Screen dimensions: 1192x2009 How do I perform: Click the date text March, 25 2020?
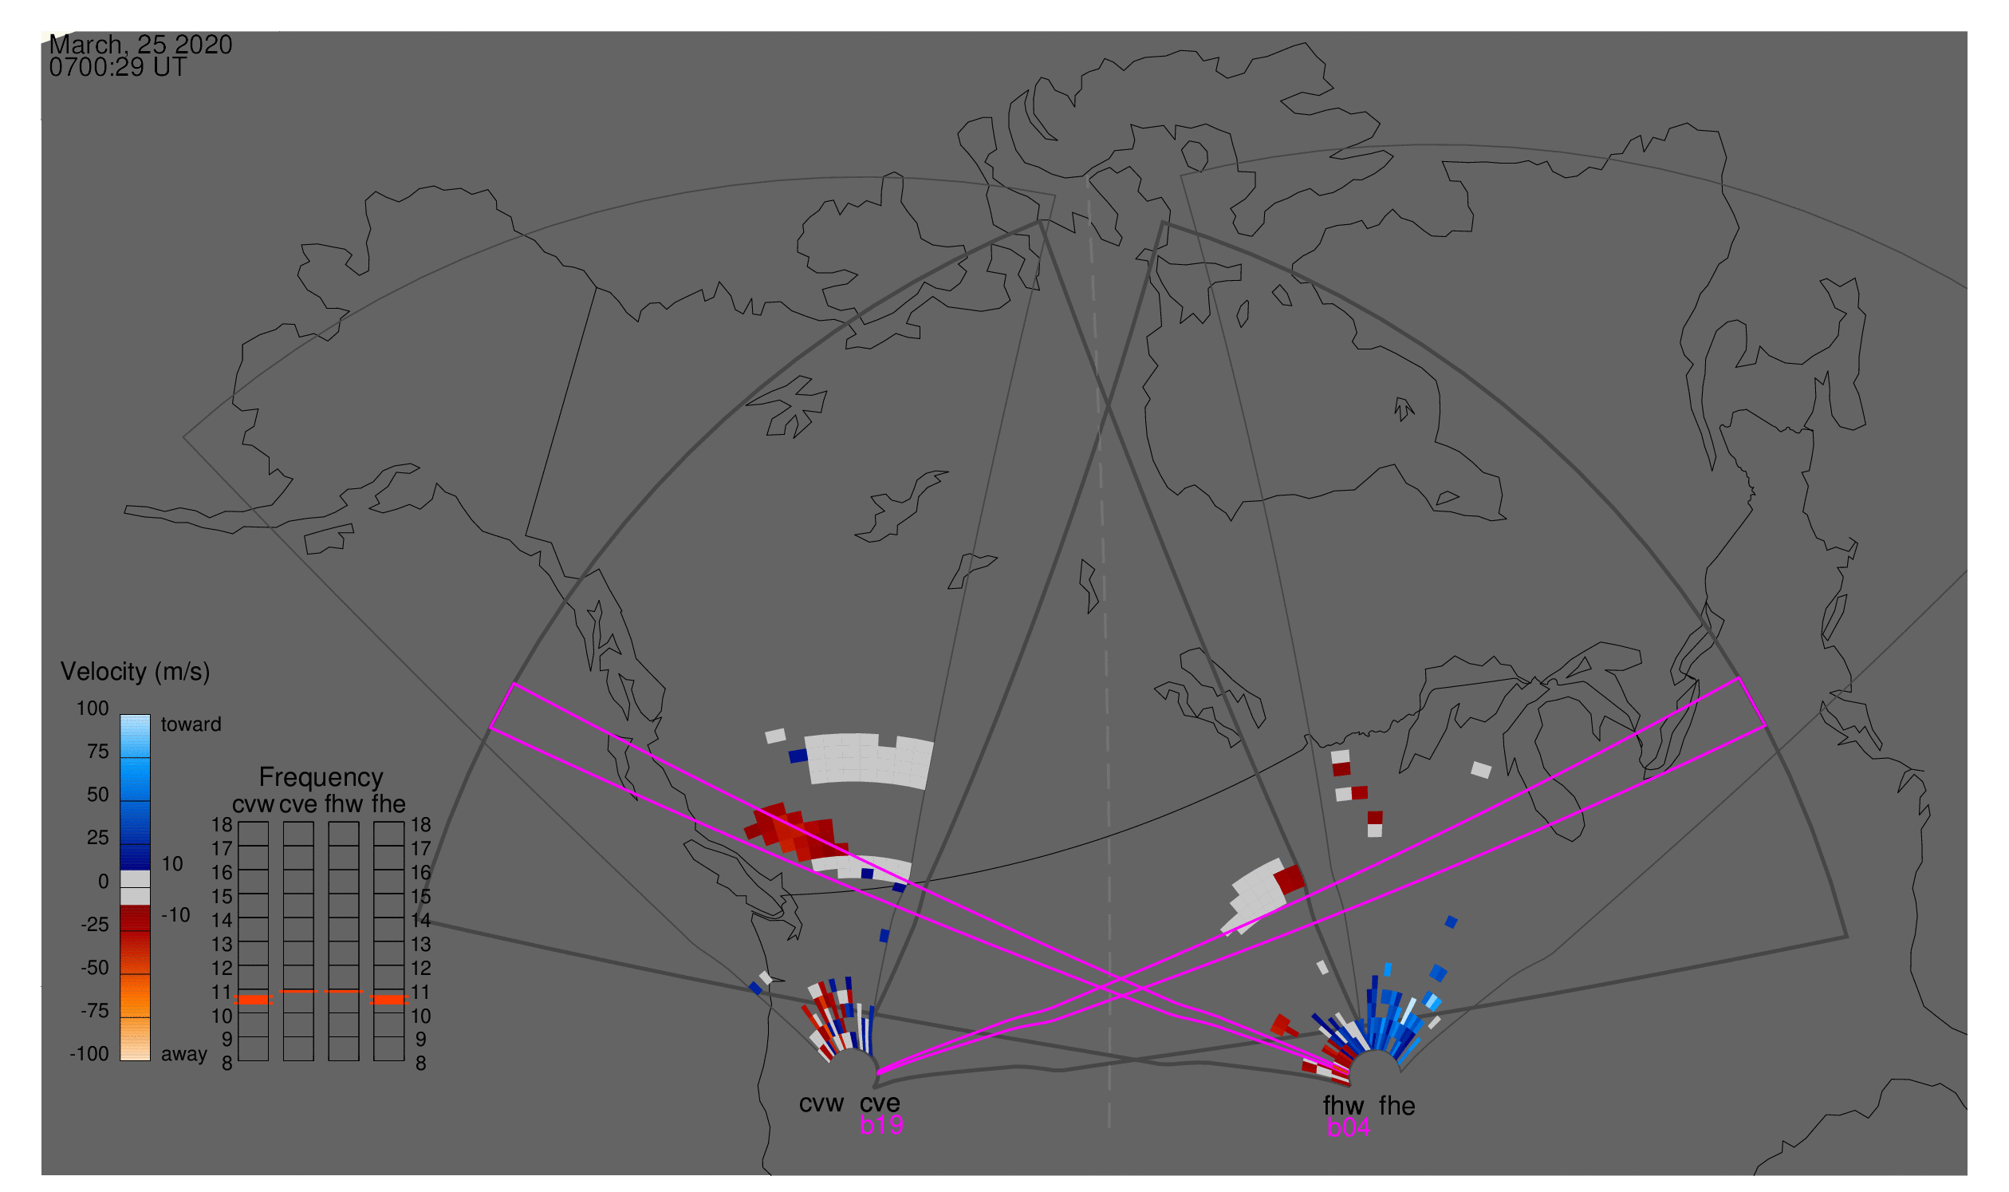[140, 45]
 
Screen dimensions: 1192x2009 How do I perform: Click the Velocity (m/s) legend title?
[135, 672]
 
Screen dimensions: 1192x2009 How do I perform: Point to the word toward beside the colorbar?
[191, 724]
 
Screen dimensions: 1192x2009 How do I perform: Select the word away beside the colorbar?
[184, 1054]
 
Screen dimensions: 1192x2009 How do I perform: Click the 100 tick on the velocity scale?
[93, 708]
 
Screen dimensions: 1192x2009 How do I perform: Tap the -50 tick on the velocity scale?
[94, 968]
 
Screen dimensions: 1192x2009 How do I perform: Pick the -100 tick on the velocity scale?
[89, 1054]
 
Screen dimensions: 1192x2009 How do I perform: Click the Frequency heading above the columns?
[321, 777]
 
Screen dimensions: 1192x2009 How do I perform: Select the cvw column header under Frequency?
[253, 804]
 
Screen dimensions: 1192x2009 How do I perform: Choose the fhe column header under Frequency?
[388, 804]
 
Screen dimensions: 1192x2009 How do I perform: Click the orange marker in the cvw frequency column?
[253, 1000]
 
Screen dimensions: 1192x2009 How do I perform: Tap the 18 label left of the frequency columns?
[222, 825]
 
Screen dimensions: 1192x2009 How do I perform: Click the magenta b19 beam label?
[880, 1125]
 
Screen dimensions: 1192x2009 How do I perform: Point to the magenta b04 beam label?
[1348, 1127]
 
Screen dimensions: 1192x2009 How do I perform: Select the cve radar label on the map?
[879, 1103]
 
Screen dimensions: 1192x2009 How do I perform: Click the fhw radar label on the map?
[1343, 1106]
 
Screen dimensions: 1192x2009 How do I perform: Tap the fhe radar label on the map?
[1397, 1106]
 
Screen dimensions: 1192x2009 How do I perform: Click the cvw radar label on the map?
[821, 1103]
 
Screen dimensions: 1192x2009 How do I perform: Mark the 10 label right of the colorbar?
[171, 863]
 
